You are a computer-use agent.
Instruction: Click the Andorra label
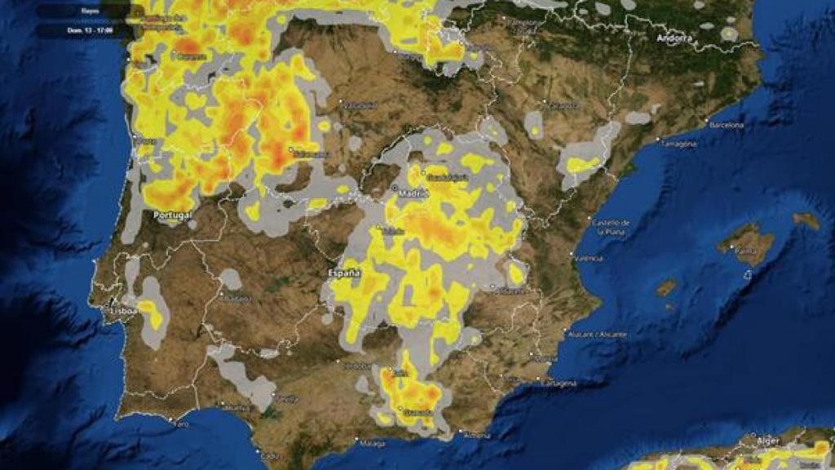pyautogui.click(x=674, y=38)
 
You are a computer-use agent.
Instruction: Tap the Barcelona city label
pyautogui.click(x=727, y=125)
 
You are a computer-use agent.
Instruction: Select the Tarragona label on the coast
pyautogui.click(x=678, y=144)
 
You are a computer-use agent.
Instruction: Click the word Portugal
pyautogui.click(x=172, y=215)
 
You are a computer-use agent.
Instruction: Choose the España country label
pyautogui.click(x=343, y=273)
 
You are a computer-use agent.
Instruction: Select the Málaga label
pyautogui.click(x=372, y=443)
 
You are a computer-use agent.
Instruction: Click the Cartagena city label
pyautogui.click(x=560, y=383)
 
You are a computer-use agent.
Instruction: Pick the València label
pyautogui.click(x=589, y=259)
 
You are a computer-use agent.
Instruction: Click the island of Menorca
pyautogui.click(x=806, y=220)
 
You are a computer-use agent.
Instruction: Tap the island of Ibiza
pyautogui.click(x=666, y=288)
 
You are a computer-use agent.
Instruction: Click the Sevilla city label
pyautogui.click(x=287, y=399)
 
